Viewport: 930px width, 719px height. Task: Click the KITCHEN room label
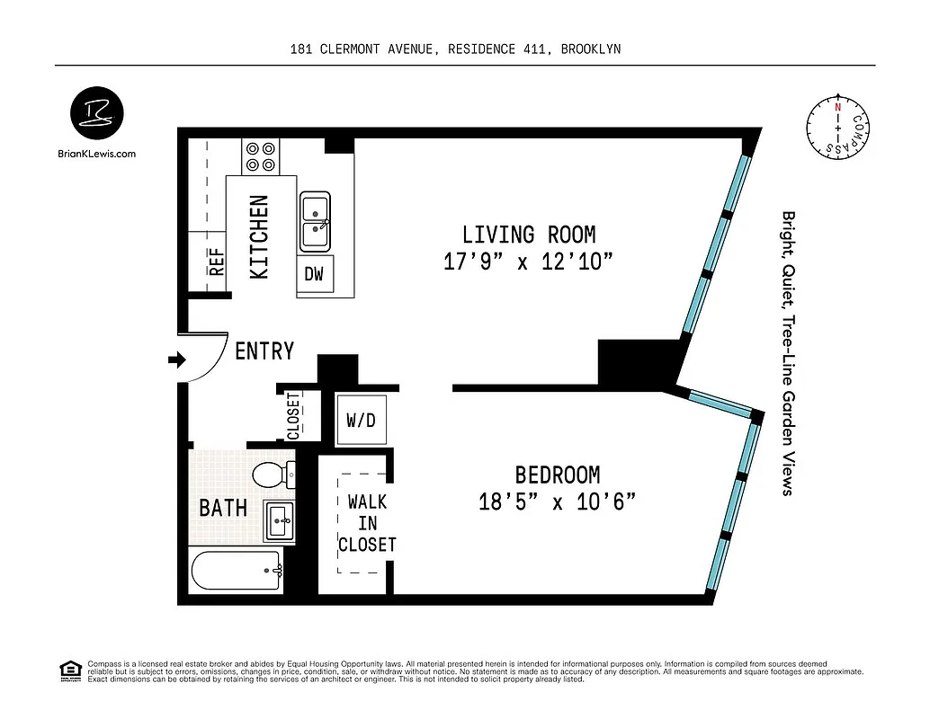pos(259,236)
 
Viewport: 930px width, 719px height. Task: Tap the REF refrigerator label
pos(216,261)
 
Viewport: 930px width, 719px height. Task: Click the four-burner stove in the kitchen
pos(261,156)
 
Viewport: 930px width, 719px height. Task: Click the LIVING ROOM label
pos(528,235)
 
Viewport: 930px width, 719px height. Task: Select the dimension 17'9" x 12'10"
pos(528,262)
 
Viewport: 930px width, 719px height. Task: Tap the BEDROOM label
pos(557,475)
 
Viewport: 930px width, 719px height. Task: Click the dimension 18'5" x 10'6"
pos(558,502)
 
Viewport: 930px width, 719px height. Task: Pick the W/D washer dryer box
pos(361,420)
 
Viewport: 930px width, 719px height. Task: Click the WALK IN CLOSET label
pos(366,523)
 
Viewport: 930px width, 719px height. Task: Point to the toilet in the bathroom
pos(273,474)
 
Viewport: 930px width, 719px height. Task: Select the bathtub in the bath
pos(237,570)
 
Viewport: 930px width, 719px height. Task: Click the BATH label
pos(223,508)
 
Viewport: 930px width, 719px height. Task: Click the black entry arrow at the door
pos(176,360)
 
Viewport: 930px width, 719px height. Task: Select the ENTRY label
pos(264,351)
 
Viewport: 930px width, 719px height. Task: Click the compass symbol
pos(838,130)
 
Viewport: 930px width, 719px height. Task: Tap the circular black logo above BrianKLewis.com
pos(97,115)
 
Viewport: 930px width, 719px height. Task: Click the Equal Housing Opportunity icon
pos(68,670)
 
